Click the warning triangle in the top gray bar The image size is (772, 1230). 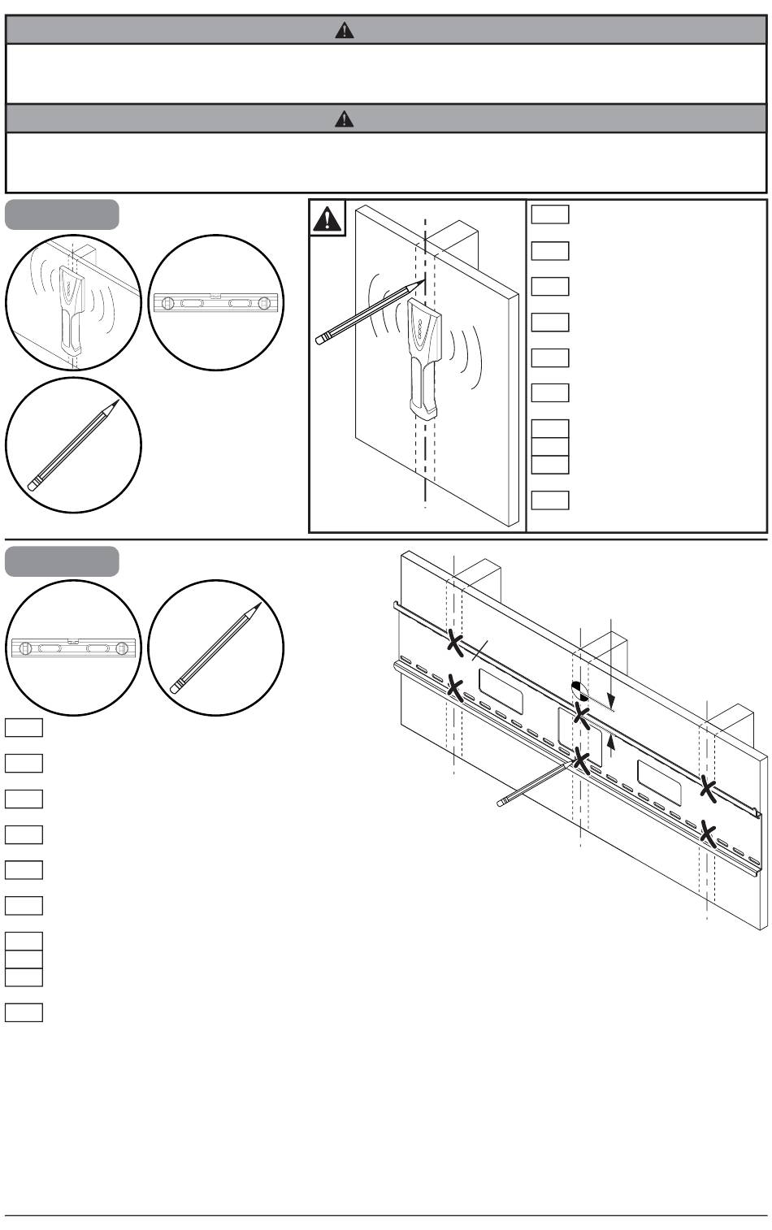pos(345,31)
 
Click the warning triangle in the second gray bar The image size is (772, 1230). pos(345,119)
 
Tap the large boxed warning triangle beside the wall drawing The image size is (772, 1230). pos(328,219)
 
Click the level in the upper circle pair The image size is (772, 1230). pos(216,303)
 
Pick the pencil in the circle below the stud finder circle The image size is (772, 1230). pos(74,445)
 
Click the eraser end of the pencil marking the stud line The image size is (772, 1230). pos(319,337)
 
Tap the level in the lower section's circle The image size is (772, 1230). pos(74,647)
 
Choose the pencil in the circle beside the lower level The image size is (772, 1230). pos(216,647)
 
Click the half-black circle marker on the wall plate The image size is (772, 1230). pos(579,690)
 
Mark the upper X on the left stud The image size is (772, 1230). pos(455,642)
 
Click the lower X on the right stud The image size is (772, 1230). pos(709,834)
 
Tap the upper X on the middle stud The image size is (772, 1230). pos(581,716)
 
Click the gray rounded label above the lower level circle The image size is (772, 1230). pos(62,561)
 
